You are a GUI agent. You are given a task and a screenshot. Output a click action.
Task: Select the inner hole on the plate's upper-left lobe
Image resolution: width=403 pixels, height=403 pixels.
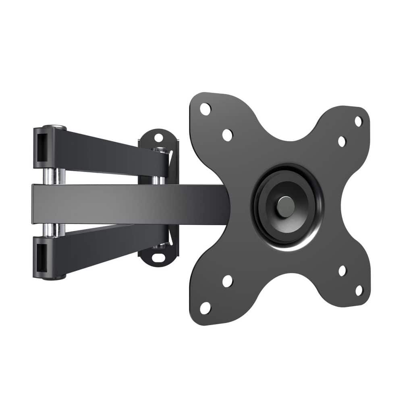pos(227,135)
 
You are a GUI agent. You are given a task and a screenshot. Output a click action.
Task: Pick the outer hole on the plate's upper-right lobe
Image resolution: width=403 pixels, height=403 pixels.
pos(358,121)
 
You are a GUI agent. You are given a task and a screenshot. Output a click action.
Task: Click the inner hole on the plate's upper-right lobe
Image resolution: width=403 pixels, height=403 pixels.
pos(342,141)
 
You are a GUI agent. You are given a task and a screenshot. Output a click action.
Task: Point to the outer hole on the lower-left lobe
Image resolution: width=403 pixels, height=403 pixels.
pos(205,308)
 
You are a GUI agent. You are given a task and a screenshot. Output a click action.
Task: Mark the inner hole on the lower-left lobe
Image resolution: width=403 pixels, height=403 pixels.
pos(227,281)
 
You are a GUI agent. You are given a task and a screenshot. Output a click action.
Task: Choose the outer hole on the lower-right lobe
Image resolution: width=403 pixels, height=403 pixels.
pos(359,290)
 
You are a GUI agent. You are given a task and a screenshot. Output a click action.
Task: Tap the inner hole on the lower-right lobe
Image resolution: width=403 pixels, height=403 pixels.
pos(342,271)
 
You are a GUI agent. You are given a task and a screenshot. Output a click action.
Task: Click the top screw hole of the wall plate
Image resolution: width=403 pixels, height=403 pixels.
pos(158,138)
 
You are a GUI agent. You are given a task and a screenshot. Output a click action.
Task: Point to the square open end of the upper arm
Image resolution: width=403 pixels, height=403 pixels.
pos(42,147)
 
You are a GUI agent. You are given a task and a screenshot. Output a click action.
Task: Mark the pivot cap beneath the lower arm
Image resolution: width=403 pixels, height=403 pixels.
pos(55,278)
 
